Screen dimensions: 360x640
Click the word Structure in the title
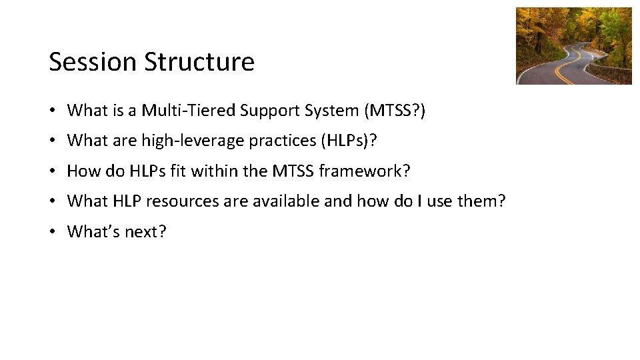pos(199,62)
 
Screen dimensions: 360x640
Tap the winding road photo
pos(573,46)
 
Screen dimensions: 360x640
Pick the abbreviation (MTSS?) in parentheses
pos(395,111)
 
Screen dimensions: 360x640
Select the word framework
pos(364,171)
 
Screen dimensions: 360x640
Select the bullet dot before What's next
pos(53,232)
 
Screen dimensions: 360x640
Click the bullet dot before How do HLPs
pos(53,171)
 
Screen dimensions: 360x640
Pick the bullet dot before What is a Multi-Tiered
pos(53,111)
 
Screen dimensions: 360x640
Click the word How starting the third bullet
pos(83,171)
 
